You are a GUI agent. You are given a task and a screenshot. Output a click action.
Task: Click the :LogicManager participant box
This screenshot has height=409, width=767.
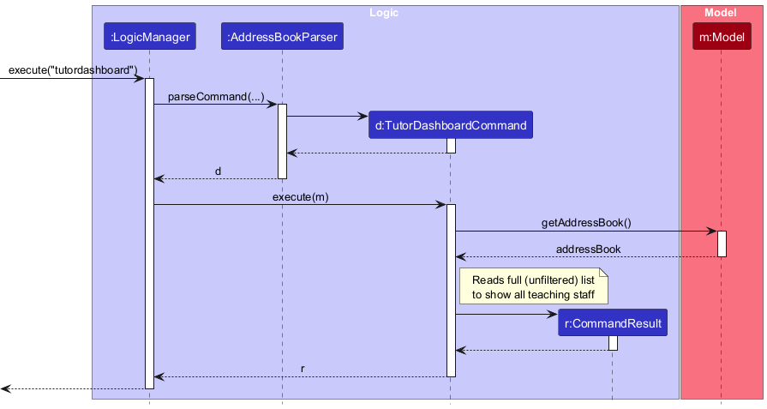(x=149, y=36)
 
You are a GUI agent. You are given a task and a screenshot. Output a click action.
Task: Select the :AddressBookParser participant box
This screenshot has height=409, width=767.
(x=282, y=36)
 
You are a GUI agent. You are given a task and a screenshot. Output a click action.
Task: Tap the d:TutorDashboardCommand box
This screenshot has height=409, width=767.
(x=450, y=125)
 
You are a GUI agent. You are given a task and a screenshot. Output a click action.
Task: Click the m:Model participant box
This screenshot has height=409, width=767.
(x=721, y=36)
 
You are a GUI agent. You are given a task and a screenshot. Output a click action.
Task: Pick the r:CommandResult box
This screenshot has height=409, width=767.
(x=612, y=323)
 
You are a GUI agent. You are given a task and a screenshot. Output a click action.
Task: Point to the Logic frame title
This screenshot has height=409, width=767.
(x=383, y=13)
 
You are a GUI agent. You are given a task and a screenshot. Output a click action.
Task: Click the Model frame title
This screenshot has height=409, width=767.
(x=721, y=13)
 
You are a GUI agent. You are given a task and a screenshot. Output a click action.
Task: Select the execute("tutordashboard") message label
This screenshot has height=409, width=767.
(x=73, y=69)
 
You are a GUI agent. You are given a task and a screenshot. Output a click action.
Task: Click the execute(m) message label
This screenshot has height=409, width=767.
(x=300, y=196)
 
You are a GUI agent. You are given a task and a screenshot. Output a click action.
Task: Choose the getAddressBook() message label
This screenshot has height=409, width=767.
(x=586, y=222)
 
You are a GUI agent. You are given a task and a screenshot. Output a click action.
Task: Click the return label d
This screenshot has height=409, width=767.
(x=218, y=171)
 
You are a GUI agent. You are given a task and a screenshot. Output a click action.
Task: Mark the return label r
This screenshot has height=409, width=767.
(x=303, y=369)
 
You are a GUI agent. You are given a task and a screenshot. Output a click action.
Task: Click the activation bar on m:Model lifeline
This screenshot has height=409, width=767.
(x=722, y=244)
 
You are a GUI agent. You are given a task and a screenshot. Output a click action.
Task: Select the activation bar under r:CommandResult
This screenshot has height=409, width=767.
(x=613, y=343)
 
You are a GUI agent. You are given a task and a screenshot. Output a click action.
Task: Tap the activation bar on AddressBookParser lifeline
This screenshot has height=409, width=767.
(x=282, y=141)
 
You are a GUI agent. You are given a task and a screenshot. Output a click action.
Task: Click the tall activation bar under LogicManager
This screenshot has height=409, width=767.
(x=149, y=232)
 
